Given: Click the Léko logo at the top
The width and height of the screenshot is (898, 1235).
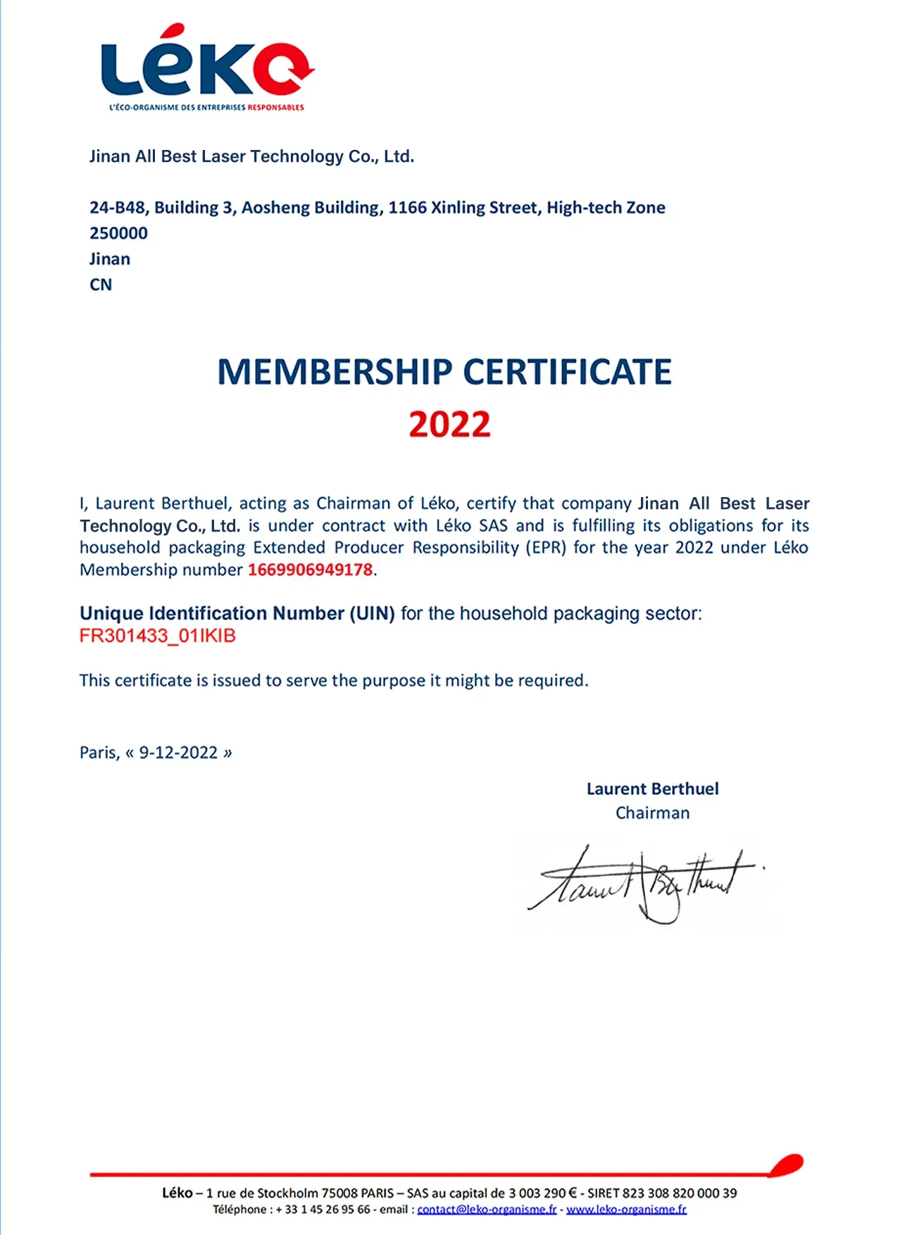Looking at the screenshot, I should click(x=206, y=63).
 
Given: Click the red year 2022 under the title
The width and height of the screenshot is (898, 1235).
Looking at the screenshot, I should click(x=449, y=425).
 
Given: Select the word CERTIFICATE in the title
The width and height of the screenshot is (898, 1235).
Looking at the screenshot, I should click(x=567, y=372).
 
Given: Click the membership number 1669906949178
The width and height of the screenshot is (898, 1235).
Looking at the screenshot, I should click(x=310, y=570).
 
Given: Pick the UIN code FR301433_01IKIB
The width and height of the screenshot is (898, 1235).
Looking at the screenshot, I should click(x=158, y=636).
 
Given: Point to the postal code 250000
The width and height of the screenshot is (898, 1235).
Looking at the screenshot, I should click(x=118, y=233).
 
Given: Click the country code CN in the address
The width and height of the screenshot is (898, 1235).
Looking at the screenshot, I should click(x=101, y=284).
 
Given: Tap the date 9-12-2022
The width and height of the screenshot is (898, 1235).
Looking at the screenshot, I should click(x=178, y=753).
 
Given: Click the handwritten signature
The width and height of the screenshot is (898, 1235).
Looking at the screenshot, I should click(x=644, y=884).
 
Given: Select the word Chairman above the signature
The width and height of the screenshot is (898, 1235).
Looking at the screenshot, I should click(x=652, y=813).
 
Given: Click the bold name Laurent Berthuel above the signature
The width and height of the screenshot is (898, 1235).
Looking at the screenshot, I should click(x=652, y=789).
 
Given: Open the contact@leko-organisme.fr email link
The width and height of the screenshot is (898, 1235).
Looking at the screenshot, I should click(x=487, y=1210).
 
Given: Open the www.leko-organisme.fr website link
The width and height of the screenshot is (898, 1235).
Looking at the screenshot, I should click(x=626, y=1210).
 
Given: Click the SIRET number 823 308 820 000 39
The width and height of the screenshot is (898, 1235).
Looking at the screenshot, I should click(x=680, y=1193).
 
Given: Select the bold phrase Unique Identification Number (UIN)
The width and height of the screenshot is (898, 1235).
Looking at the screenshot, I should click(x=237, y=613).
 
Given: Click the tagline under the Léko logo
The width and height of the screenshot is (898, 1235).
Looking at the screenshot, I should click(x=206, y=108).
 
